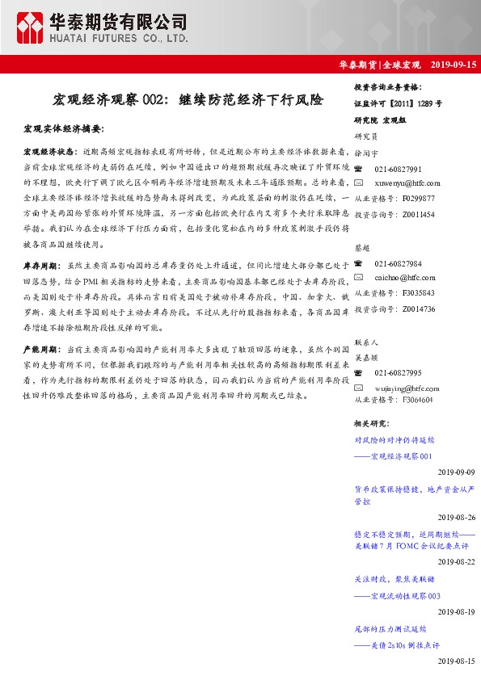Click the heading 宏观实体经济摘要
64,128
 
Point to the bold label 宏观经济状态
50,151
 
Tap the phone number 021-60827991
398,169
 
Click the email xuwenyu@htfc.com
407,183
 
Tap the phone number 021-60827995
398,372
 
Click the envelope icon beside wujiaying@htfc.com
359,387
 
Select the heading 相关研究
372,422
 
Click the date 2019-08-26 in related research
457,517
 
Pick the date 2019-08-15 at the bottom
457,661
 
